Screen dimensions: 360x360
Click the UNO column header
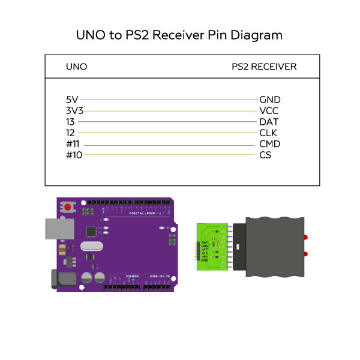click(76, 67)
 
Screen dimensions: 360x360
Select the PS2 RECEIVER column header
click(264, 67)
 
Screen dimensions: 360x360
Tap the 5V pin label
click(72, 100)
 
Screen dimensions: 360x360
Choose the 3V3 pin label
click(74, 111)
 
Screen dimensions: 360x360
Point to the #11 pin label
click(73, 144)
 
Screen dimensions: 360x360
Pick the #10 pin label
click(73, 155)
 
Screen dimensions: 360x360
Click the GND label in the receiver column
click(270, 100)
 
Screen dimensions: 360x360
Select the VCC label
click(269, 111)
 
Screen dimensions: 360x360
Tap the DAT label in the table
click(269, 122)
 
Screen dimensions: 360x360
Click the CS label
click(265, 155)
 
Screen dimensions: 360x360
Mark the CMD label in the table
click(270, 144)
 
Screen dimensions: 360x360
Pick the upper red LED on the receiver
click(307, 238)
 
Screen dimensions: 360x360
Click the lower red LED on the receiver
click(307, 254)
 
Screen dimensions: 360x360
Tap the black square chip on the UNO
click(91, 230)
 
